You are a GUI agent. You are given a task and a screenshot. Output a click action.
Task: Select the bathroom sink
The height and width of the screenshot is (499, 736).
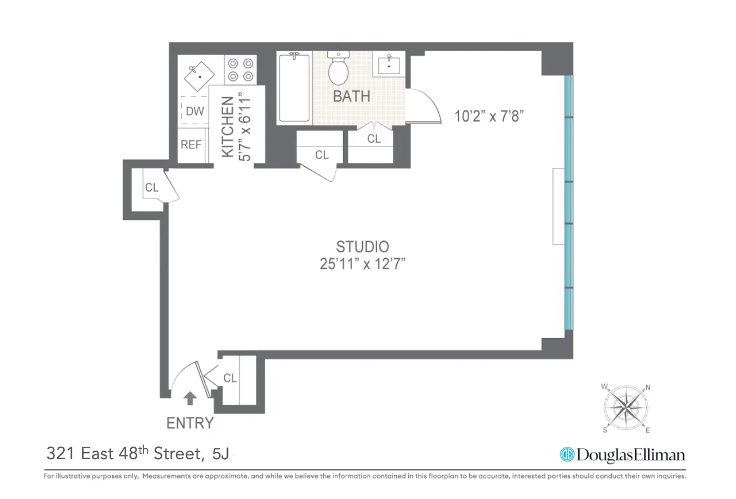pos(389,64)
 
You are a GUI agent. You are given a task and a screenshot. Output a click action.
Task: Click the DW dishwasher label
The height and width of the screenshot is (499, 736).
pos(194,111)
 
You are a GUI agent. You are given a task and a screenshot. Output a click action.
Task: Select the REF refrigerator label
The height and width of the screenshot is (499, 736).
pos(191,145)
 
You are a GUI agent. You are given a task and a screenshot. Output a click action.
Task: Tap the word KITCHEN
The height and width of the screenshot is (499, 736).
pos(228,127)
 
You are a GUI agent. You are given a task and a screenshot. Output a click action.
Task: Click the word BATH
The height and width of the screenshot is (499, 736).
pos(351,96)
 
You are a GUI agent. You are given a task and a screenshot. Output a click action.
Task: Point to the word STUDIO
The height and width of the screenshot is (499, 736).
pos(362,247)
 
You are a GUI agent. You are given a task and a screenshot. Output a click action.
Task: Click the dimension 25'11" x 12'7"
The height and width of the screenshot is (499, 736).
pos(362,264)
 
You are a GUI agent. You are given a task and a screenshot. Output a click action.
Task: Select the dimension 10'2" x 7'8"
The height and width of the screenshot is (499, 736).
pos(489,116)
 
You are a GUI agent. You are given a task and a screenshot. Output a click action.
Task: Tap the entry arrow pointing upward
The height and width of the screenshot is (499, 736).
pos(189,398)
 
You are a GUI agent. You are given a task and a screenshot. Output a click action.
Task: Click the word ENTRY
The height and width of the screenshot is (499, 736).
pos(189,423)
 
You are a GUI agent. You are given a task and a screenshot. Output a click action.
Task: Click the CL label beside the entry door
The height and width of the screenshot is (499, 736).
pos(230,378)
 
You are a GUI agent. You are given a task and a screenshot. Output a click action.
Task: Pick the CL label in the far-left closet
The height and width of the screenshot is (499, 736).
pos(151,187)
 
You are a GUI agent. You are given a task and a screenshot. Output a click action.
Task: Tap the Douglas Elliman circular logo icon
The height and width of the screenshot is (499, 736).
pos(567,455)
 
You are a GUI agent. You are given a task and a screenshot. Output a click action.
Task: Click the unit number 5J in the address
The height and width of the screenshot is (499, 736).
pos(220,454)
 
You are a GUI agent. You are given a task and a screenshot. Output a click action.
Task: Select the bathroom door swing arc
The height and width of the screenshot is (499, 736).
pos(427,106)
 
